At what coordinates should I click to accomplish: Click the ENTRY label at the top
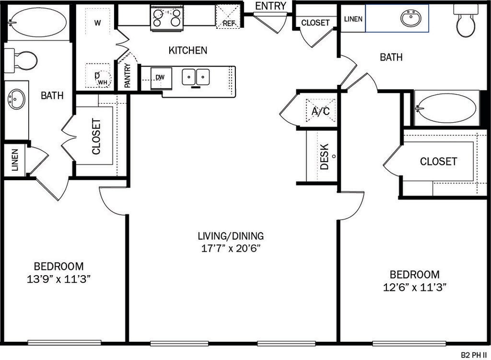point(270,6)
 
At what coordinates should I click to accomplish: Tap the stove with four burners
point(166,18)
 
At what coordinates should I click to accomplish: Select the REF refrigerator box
point(228,17)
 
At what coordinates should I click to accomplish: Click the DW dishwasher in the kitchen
point(161,78)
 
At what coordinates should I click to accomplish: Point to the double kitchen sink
point(196,77)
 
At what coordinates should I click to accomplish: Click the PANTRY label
point(128,75)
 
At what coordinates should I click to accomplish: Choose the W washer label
point(98,23)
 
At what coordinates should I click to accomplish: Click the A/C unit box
point(320,111)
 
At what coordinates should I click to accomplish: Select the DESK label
point(325,157)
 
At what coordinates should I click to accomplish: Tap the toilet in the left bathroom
point(21,60)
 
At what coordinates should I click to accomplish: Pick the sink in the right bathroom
point(410,18)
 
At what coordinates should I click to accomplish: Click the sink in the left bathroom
point(16,100)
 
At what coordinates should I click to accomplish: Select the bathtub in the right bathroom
point(447,108)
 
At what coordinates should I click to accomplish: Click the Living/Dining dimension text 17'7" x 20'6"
point(231,249)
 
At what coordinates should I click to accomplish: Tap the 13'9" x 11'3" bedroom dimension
point(58,279)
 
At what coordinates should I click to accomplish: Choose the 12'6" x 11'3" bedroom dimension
point(415,287)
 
